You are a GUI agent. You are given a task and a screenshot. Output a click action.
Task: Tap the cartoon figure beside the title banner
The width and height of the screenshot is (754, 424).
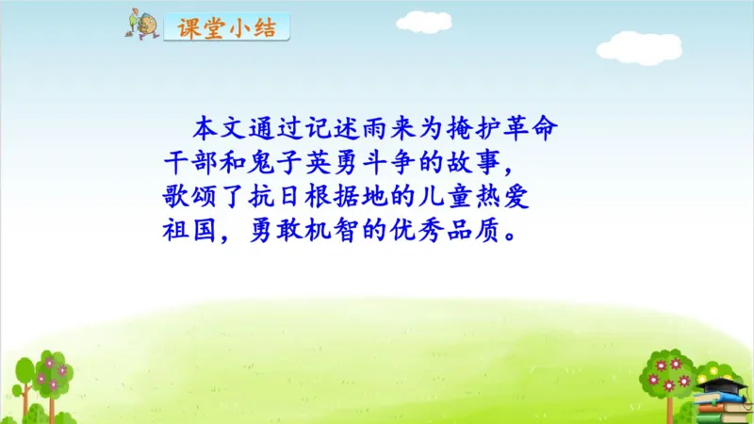(x=142, y=25)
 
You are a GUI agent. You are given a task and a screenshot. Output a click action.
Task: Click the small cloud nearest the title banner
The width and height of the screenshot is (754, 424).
(x=423, y=20)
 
